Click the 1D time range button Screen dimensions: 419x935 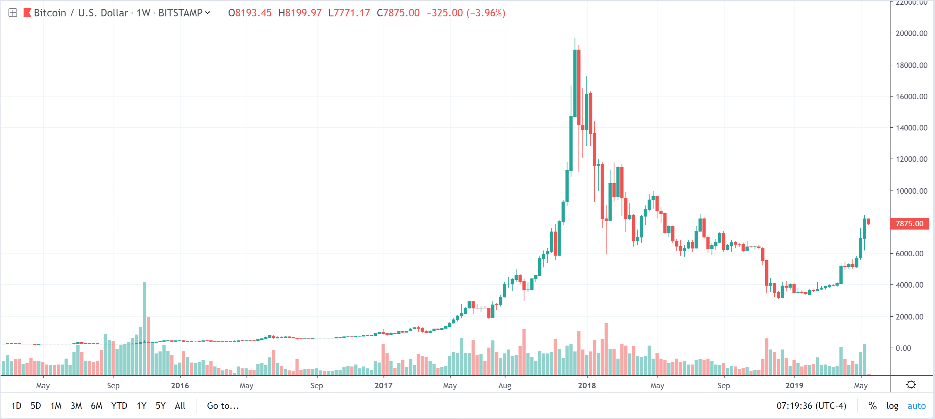tap(16, 406)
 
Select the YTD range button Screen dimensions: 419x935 tap(119, 406)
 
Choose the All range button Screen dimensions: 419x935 tap(180, 406)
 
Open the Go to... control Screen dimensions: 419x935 tap(223, 406)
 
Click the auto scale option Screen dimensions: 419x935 tap(916, 406)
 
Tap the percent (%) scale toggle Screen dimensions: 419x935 tap(872, 406)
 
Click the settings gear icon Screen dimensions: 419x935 tap(911, 385)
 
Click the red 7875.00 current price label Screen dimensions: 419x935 tap(909, 224)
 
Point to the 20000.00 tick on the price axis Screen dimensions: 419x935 tap(911, 33)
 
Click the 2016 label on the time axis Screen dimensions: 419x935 tap(180, 385)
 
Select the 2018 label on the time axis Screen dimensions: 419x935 tap(587, 385)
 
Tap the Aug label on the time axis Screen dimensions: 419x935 tap(504, 385)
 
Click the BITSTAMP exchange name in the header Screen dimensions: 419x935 tap(180, 13)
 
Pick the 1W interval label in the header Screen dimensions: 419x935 tap(143, 13)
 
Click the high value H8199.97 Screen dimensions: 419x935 tap(300, 13)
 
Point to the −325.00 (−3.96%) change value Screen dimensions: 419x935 tap(466, 13)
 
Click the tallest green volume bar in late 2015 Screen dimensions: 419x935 tap(144, 328)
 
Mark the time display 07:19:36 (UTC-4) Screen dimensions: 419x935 tap(811, 406)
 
